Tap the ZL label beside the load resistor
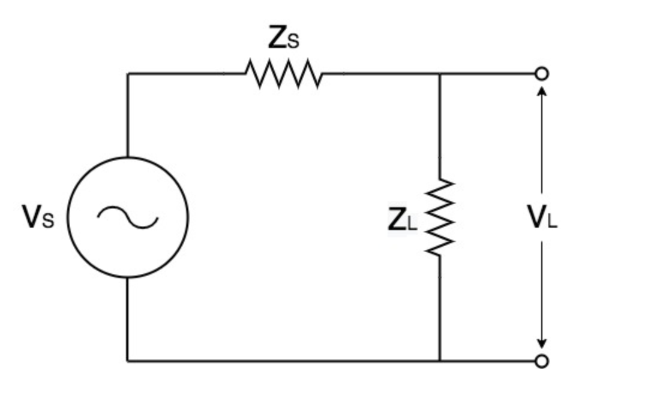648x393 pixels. pos(402,220)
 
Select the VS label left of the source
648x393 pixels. pos(38,217)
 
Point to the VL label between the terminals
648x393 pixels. pos(542,217)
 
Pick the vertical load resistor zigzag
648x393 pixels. pos(440,217)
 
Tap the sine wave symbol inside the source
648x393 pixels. pos(128,217)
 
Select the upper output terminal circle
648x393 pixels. pos(542,74)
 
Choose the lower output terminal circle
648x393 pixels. pos(542,361)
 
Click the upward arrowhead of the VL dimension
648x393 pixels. pos(542,90)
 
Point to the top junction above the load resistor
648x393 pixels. pos(440,74)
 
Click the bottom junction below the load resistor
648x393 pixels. pos(440,361)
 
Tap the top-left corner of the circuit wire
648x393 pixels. pos(128,74)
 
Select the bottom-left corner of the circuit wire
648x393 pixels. pos(128,361)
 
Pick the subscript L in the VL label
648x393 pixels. pos(552,222)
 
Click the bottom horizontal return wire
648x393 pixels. pos(282,361)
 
